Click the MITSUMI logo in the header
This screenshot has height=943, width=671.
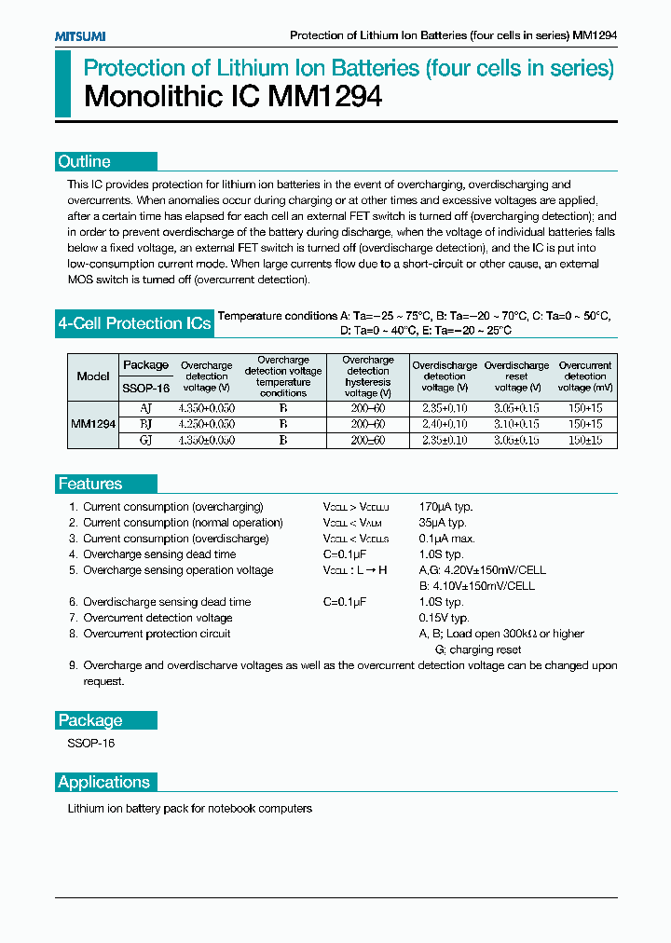(79, 35)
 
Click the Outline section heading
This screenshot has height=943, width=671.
(85, 161)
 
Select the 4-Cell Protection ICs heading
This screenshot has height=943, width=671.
(134, 323)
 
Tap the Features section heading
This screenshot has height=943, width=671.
(90, 484)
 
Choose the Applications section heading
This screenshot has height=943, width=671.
(104, 782)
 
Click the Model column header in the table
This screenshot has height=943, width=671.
(93, 376)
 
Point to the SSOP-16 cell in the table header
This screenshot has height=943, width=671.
(145, 388)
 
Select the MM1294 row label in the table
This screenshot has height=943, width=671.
(93, 423)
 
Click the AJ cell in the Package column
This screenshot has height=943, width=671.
(145, 408)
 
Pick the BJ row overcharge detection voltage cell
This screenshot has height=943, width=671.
(206, 424)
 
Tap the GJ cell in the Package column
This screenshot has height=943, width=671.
(145, 439)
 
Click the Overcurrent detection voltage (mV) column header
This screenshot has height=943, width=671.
(585, 376)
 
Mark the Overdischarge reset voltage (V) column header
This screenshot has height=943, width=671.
(516, 376)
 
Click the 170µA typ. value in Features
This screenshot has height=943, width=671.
(446, 507)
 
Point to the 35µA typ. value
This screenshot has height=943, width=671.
(444, 523)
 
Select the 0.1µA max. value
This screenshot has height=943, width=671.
(447, 539)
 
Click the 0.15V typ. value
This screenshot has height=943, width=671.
(445, 618)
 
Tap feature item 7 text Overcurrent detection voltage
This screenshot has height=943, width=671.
(157, 618)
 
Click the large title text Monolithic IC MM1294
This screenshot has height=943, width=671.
(233, 97)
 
